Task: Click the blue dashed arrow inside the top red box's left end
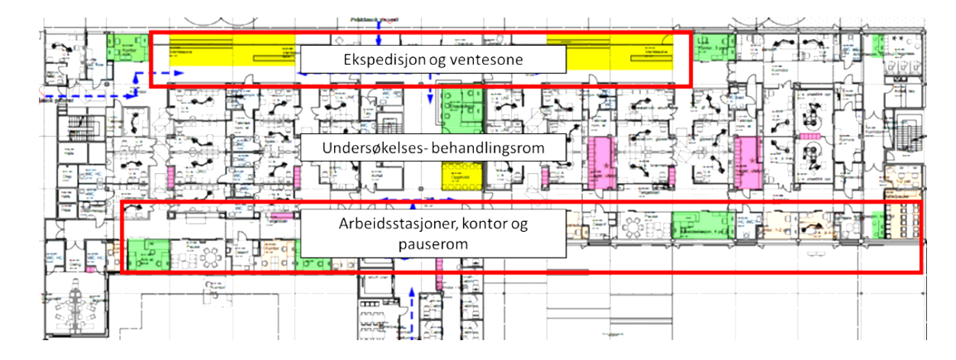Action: coord(159,72)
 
